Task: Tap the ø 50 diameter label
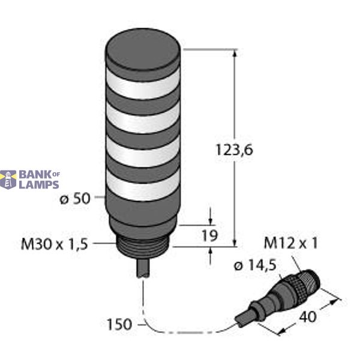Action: pos(75,200)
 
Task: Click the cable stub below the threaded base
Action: pos(145,268)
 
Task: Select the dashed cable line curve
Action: pos(180,331)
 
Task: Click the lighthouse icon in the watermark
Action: pos(8,179)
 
